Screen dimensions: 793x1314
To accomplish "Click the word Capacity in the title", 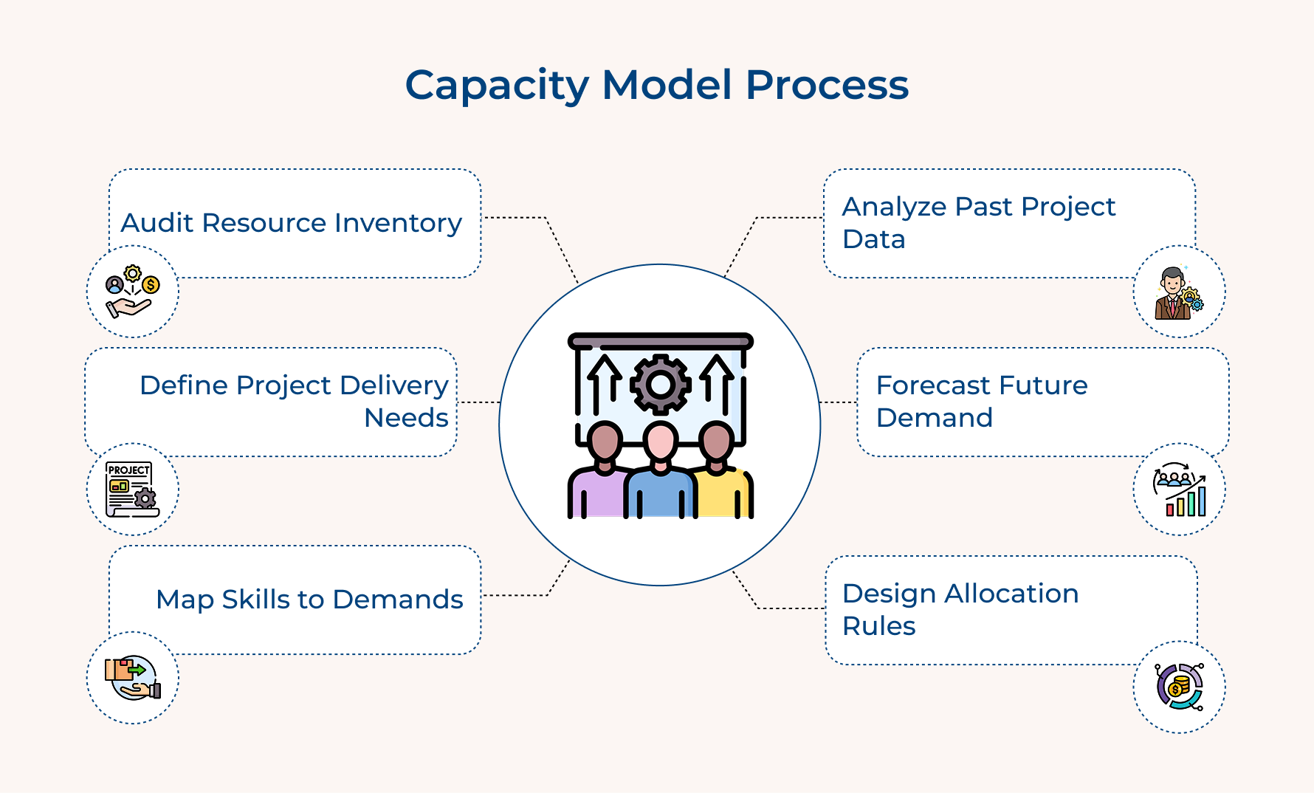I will click(497, 86).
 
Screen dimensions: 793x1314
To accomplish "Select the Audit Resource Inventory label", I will click(291, 223).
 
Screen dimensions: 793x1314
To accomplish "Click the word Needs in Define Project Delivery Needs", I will click(406, 418).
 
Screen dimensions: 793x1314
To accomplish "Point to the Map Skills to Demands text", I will click(309, 600).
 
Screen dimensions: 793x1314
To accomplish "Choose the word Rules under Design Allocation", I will click(878, 626).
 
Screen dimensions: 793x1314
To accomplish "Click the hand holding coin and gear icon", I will click(133, 292).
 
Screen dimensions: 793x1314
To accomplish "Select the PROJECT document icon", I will click(133, 490).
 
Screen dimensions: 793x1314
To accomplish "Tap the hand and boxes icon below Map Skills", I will click(133, 678).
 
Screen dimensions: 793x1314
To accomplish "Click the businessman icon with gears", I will click(1178, 293).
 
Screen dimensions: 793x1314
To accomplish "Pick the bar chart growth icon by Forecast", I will click(1179, 490).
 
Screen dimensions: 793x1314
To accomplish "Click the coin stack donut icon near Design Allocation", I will click(1179, 687).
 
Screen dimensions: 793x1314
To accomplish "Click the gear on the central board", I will click(660, 384).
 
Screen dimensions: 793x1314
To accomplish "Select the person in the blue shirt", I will click(660, 476).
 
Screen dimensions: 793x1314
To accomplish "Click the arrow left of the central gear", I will click(605, 380).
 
